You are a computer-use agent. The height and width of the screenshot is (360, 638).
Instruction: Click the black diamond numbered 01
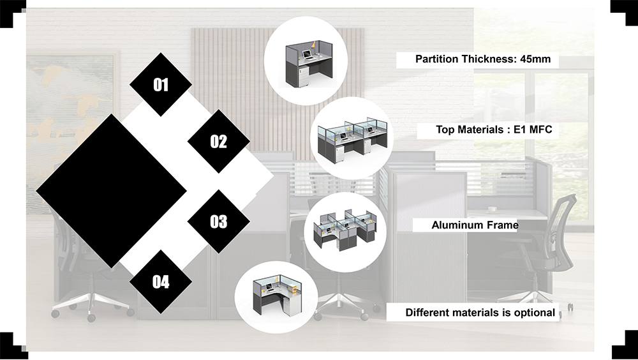click(161, 85)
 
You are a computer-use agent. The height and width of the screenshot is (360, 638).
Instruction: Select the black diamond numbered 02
click(218, 141)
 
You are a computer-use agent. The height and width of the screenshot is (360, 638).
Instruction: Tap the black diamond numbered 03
click(218, 221)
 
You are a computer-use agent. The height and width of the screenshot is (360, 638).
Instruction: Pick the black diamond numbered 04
click(161, 281)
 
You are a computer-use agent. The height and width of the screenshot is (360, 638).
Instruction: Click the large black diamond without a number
click(111, 190)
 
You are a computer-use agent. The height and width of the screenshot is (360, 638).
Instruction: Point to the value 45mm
click(536, 59)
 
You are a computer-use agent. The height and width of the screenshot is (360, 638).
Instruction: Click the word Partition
click(436, 59)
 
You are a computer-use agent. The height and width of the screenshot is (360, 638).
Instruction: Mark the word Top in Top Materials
click(445, 130)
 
